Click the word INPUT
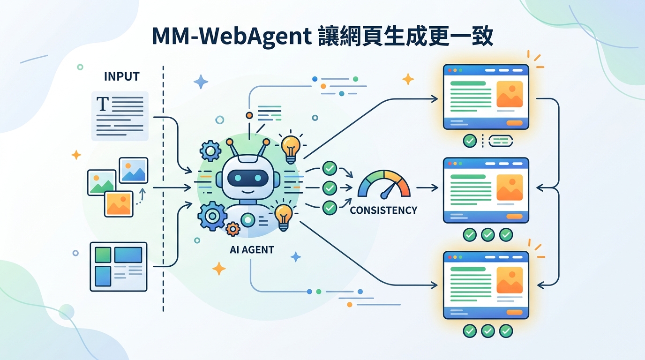(x=122, y=76)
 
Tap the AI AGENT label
(x=252, y=250)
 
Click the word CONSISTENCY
(x=383, y=210)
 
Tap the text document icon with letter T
(x=120, y=116)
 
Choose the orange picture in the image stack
(x=119, y=203)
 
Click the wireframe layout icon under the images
(x=119, y=267)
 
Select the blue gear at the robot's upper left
(x=210, y=150)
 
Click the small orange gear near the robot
(x=232, y=229)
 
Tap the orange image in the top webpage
(x=509, y=94)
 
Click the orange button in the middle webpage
(x=514, y=216)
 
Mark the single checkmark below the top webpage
(x=470, y=141)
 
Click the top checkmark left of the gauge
(x=330, y=168)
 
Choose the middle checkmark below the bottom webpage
(x=487, y=330)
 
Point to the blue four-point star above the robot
(x=201, y=82)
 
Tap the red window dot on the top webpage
(x=450, y=70)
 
